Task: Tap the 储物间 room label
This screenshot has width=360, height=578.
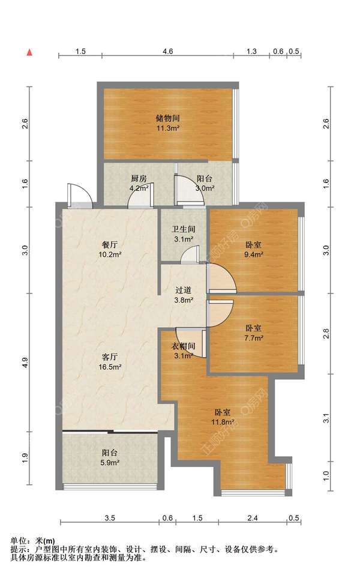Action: point(167,118)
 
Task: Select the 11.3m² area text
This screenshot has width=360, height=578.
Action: point(167,128)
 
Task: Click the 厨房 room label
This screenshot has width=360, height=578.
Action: point(139,178)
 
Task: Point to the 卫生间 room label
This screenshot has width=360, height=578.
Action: point(184,229)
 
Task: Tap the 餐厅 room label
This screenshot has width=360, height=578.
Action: point(110,244)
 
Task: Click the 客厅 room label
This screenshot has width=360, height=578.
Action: point(110,357)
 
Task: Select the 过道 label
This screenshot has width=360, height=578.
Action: point(184,291)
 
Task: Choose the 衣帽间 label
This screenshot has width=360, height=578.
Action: point(184,346)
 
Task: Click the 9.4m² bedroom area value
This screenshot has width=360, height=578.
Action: point(254,254)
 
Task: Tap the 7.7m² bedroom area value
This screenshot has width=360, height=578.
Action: point(254,338)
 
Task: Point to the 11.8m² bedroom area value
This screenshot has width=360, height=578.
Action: point(223,422)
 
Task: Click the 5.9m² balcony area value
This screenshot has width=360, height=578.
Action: point(110,463)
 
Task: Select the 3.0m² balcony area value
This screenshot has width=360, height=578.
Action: point(205,188)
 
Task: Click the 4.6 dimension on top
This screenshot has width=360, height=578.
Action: point(167,51)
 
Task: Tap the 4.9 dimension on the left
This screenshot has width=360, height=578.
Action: point(25,363)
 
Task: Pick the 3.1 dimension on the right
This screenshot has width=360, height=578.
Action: point(326,419)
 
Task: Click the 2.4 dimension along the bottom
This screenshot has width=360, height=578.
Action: point(253,518)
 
